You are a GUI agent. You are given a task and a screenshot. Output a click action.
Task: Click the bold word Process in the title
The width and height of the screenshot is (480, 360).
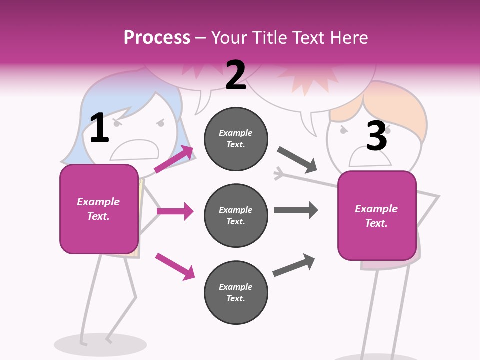click(x=157, y=38)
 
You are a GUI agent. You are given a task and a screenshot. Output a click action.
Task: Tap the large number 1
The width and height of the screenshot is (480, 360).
click(x=99, y=128)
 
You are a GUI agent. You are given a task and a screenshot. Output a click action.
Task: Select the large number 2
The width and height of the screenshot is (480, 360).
click(x=236, y=75)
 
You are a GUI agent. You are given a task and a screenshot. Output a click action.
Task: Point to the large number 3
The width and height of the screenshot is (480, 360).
click(x=377, y=136)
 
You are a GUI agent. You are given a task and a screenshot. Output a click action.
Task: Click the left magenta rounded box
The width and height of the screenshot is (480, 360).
click(x=99, y=209)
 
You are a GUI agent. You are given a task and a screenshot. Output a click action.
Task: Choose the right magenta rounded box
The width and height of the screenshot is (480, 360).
click(x=377, y=216)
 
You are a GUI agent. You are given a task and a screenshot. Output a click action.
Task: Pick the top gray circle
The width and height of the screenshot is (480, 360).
click(x=236, y=139)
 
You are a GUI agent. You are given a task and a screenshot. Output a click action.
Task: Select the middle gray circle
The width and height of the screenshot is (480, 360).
click(x=236, y=215)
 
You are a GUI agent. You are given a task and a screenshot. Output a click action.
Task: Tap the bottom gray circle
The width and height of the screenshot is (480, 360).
click(x=236, y=292)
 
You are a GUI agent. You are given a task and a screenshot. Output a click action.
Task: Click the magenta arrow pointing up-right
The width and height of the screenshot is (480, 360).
click(x=174, y=159)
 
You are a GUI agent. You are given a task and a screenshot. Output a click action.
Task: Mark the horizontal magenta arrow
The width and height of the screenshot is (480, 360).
click(x=175, y=211)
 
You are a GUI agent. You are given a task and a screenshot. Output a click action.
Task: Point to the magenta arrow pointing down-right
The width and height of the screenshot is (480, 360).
click(x=175, y=266)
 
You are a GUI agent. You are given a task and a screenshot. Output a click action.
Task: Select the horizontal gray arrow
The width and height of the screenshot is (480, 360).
click(x=296, y=210)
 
